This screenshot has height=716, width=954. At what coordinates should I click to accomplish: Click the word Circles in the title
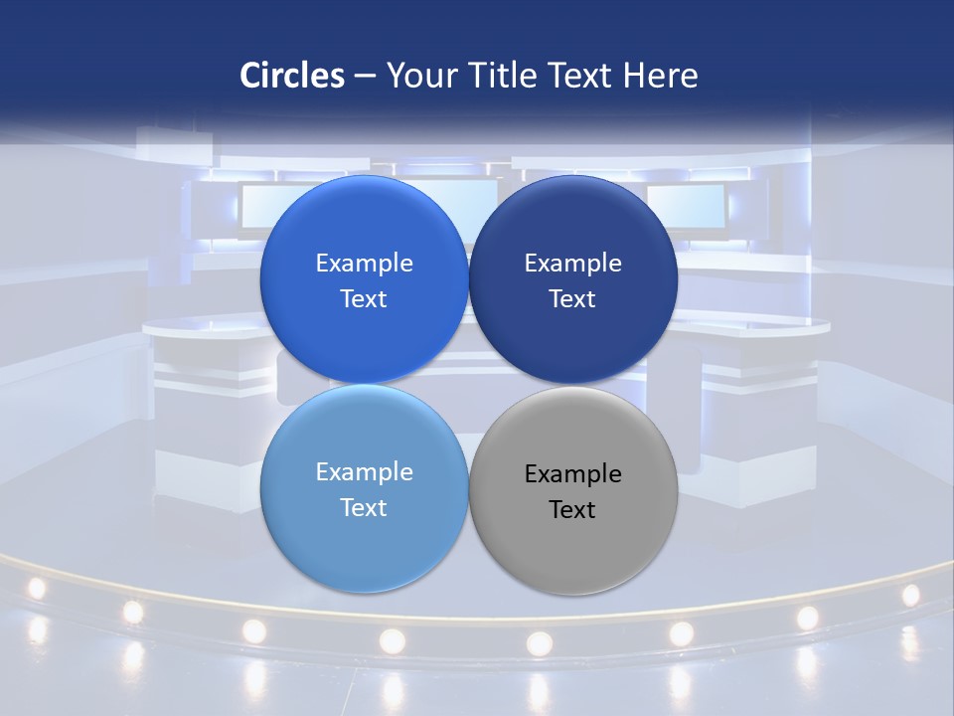(291, 76)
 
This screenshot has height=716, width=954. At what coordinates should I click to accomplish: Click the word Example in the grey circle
(572, 474)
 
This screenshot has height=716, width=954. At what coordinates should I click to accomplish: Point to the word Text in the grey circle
(572, 510)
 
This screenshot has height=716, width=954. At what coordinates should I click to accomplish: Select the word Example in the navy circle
(572, 264)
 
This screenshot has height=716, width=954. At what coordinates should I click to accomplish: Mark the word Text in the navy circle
(572, 299)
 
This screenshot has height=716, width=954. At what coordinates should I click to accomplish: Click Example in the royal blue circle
(364, 264)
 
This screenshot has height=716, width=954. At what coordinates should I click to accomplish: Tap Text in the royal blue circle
(364, 299)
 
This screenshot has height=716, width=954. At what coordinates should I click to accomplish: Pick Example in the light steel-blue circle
(364, 472)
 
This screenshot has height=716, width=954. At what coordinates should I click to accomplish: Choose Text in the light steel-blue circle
(364, 508)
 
